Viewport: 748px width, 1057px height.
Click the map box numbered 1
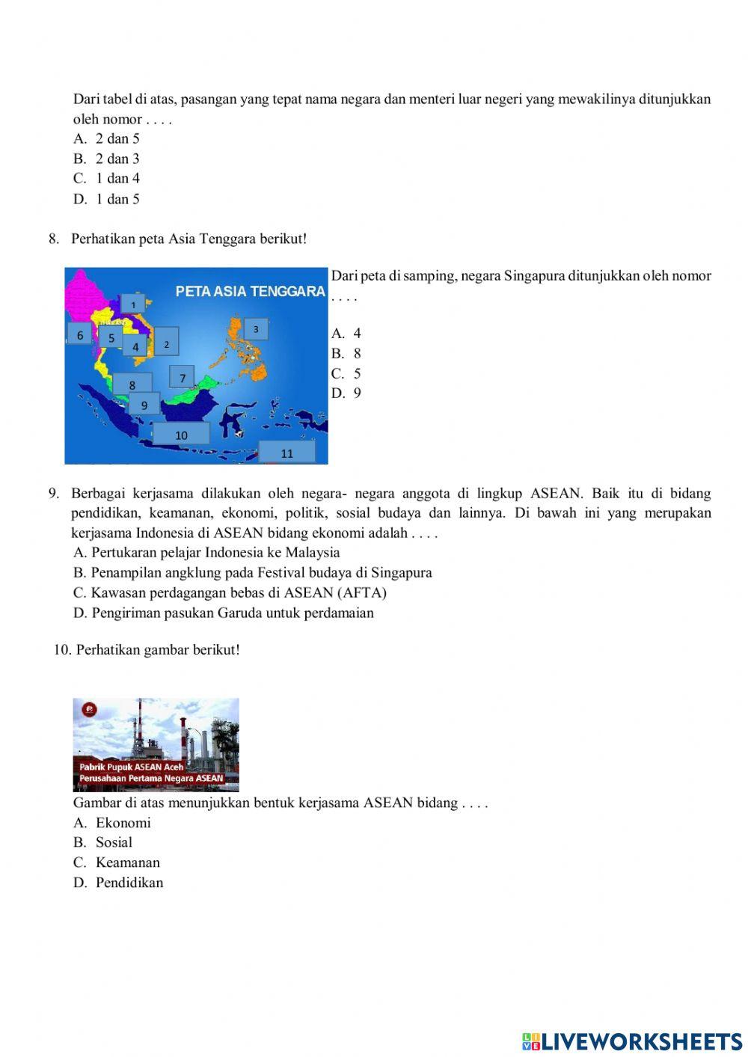(x=133, y=304)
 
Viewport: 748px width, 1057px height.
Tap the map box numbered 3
(x=256, y=329)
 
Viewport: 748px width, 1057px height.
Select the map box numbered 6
(x=80, y=335)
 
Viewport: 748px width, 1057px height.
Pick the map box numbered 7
(x=182, y=378)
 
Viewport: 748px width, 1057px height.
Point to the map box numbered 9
(x=144, y=405)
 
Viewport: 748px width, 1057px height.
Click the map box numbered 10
(x=181, y=435)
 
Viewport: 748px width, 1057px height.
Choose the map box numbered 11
(x=287, y=453)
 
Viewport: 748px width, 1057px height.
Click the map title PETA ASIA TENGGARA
(x=250, y=291)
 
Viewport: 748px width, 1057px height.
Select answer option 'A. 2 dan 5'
(x=106, y=138)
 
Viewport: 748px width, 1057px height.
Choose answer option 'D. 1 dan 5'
(x=106, y=199)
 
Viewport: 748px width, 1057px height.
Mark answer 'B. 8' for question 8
(x=346, y=353)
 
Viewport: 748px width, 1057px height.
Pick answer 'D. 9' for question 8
(x=346, y=393)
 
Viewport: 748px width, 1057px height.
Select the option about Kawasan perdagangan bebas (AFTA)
(x=230, y=592)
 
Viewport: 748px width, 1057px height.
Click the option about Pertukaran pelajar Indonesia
(x=206, y=552)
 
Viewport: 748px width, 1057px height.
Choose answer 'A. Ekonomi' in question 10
(x=112, y=822)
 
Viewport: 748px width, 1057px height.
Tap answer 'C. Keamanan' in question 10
(x=117, y=862)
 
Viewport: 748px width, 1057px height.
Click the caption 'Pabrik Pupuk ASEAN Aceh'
(x=132, y=767)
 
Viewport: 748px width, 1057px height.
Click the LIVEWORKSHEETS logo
(x=632, y=1041)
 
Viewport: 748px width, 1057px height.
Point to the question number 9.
(x=54, y=493)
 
